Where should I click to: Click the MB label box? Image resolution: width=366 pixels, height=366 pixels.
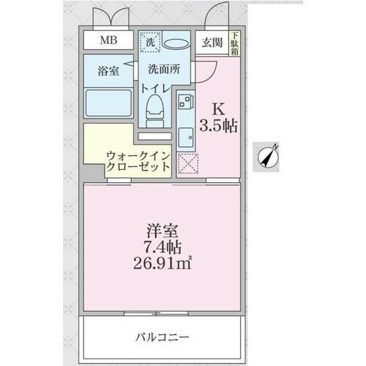(106, 41)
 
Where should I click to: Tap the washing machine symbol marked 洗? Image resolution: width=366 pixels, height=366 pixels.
(149, 43)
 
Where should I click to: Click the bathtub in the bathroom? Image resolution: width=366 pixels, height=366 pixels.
(108, 102)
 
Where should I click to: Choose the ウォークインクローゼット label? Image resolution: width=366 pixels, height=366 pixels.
(138, 160)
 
